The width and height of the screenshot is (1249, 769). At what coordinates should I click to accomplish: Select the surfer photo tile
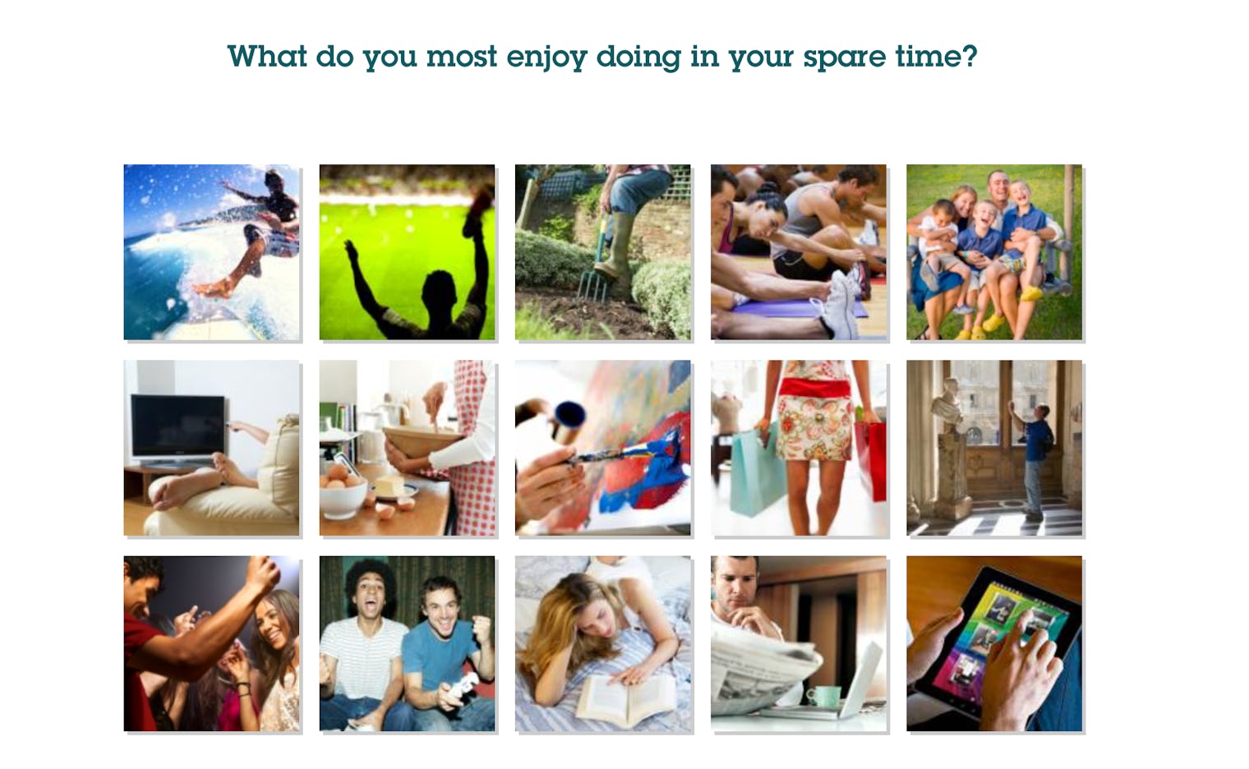[x=212, y=252]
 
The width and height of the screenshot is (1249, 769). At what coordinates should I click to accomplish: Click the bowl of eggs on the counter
[x=343, y=495]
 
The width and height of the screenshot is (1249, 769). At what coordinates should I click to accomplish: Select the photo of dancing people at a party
[x=212, y=644]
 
